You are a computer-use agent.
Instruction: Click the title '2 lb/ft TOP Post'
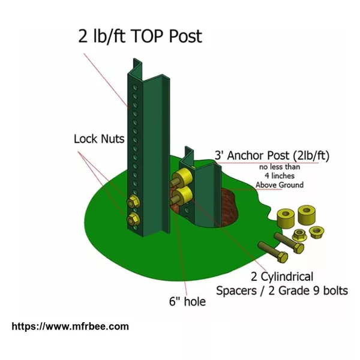pos(140,36)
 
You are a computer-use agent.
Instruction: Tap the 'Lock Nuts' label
pos(99,139)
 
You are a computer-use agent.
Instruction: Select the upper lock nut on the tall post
pos(133,202)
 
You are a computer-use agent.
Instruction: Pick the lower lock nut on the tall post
pos(133,219)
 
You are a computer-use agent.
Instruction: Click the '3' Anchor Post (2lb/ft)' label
pos(272,155)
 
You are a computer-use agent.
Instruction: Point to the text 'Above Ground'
pos(280,185)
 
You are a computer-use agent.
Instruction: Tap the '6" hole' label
pos(187,301)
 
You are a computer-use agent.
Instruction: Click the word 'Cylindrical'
pos(287,277)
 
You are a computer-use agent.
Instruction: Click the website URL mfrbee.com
pos(70,326)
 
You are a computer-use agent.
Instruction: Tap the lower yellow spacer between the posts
pos(183,196)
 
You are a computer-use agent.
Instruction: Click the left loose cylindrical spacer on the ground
pos(286,217)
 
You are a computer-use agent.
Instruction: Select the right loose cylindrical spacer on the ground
pos(307,215)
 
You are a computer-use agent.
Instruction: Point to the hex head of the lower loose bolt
pos(282,257)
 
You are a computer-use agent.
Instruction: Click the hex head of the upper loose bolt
pos(298,248)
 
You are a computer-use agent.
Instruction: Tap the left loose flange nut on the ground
pos(299,235)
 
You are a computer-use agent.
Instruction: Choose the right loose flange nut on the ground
pos(316,232)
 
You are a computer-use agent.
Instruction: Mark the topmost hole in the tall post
pos(135,88)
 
